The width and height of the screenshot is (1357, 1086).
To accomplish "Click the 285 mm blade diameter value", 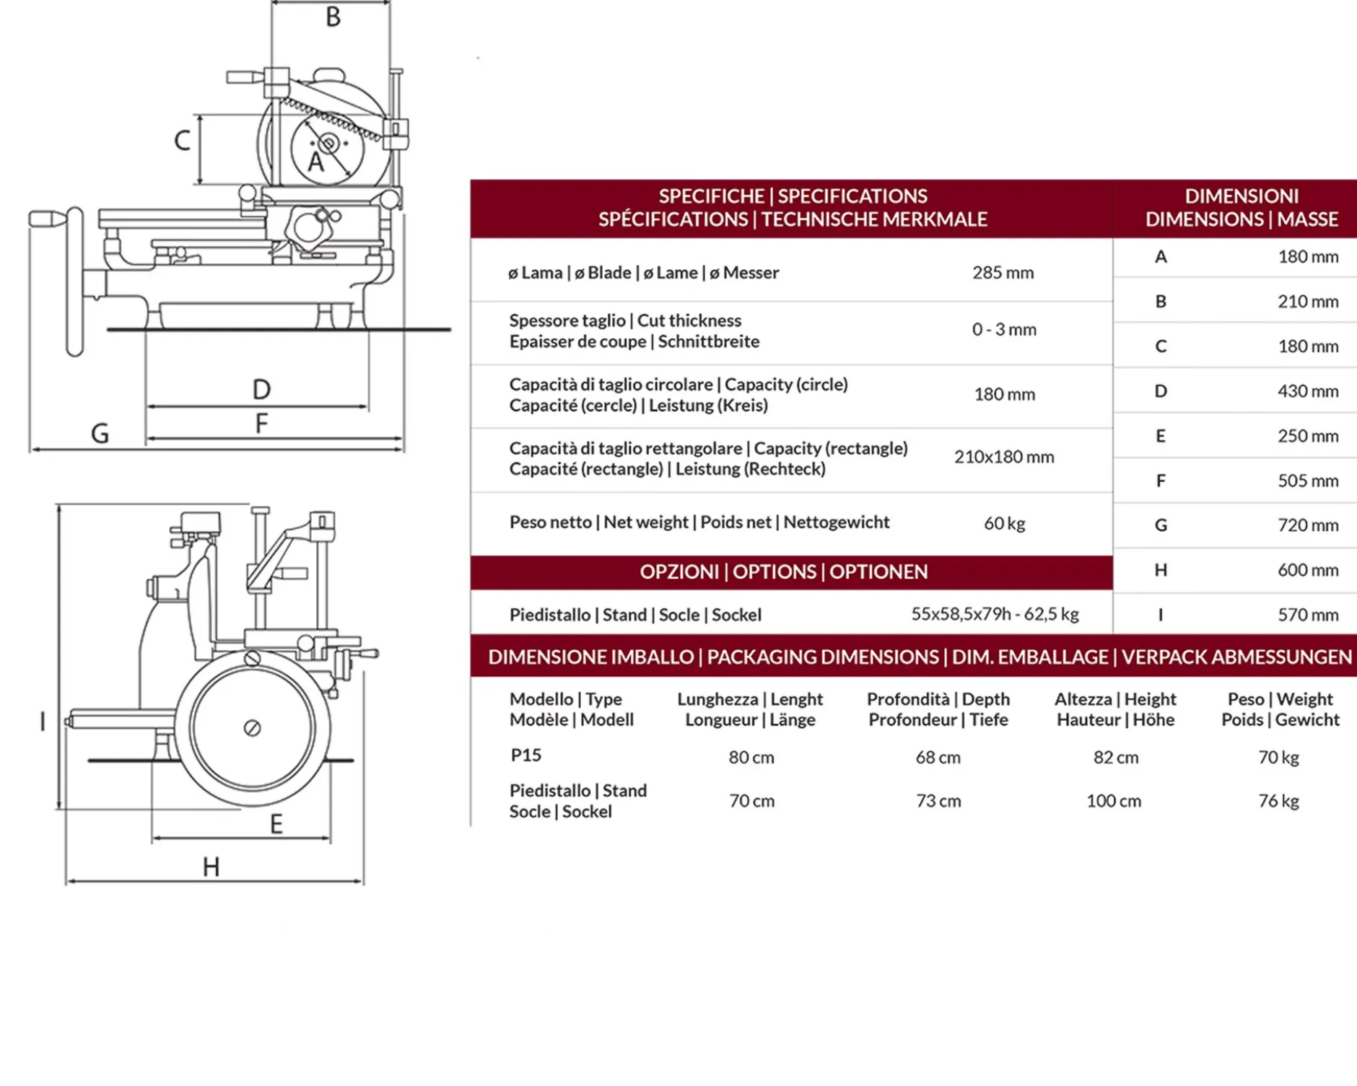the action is (1003, 273).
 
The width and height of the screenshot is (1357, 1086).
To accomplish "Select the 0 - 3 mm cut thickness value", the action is (1004, 330).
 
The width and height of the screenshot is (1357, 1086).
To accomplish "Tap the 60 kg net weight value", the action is (1004, 523).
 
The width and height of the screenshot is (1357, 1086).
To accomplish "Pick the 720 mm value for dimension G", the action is (1308, 525).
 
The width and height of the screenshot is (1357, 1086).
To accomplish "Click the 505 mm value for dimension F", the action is (1308, 481).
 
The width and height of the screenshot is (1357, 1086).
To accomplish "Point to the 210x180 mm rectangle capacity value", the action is (1004, 457).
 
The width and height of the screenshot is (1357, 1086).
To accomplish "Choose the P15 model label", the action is (525, 756).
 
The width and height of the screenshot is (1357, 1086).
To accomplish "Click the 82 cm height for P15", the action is (1116, 758).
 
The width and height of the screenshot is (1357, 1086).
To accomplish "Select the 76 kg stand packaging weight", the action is (1278, 801).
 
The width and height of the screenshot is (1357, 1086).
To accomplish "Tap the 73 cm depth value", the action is (938, 801).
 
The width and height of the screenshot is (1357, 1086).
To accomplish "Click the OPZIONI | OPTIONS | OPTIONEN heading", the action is (783, 572).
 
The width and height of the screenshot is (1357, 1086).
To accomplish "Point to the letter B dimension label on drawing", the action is (333, 17).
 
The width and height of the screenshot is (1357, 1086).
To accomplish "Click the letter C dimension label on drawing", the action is (183, 140).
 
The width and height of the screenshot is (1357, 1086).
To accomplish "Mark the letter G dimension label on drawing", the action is (100, 434).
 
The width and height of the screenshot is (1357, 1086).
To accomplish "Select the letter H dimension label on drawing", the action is (211, 867).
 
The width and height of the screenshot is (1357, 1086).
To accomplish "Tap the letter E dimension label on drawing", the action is (276, 824).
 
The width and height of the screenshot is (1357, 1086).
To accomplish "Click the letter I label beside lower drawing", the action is (43, 722).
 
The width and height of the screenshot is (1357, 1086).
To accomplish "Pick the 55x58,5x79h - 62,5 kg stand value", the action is (995, 614).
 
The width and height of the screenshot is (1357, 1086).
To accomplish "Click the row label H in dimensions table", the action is (1161, 570).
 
